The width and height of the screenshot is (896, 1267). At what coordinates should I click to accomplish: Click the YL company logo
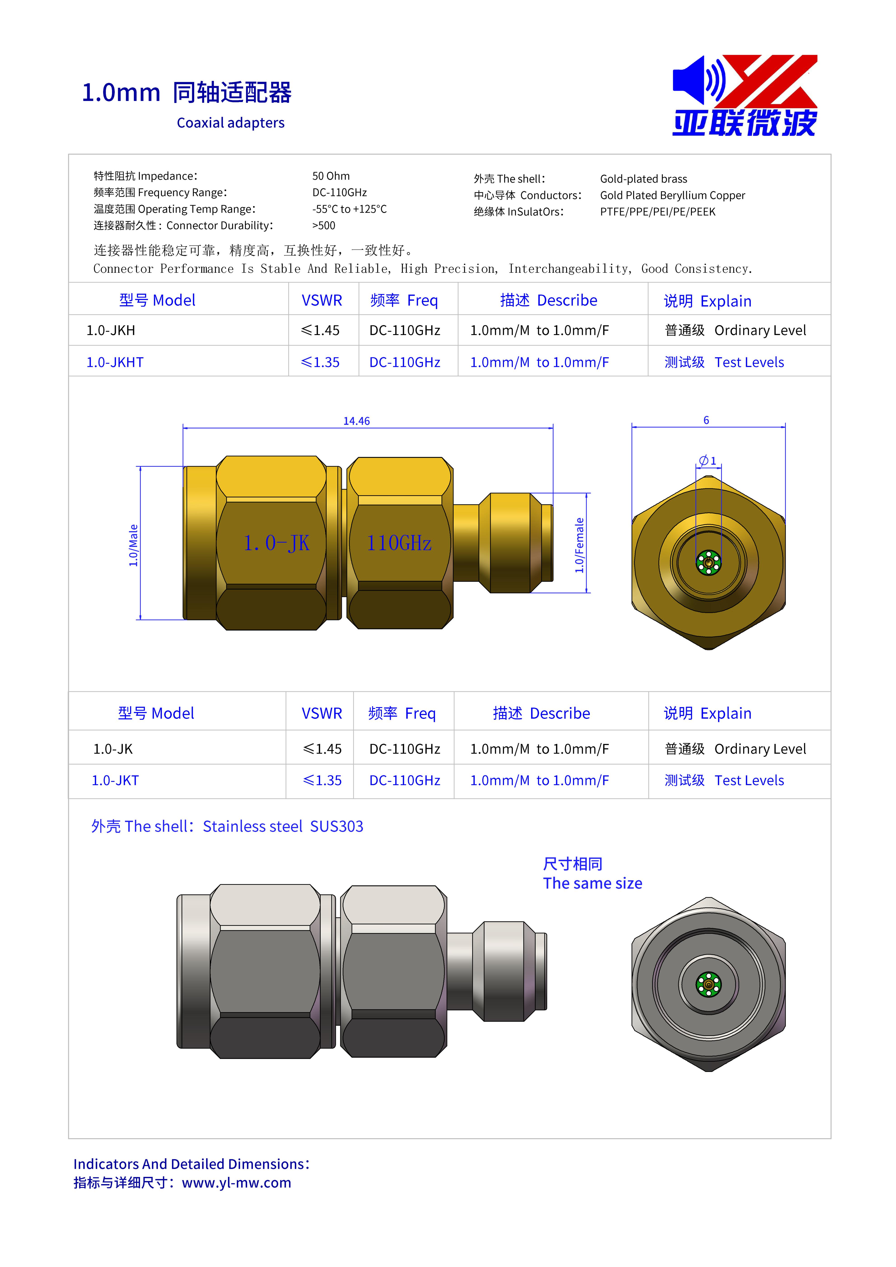[745, 95]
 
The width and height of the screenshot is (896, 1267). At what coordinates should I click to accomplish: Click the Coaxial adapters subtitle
[231, 123]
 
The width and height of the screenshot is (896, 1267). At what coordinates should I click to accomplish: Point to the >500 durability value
[324, 226]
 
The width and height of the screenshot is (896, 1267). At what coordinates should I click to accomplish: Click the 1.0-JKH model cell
[111, 331]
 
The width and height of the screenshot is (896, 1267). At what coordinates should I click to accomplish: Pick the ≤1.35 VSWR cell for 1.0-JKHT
[320, 363]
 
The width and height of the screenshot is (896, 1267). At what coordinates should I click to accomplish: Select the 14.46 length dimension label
[357, 421]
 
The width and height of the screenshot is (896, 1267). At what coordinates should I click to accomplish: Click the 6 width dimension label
[706, 421]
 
